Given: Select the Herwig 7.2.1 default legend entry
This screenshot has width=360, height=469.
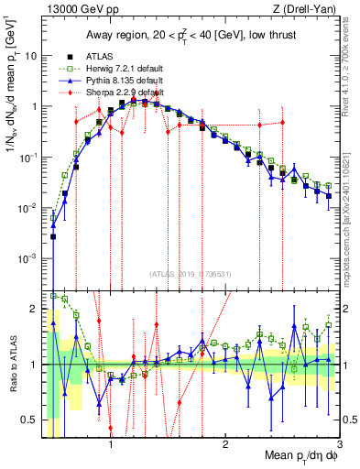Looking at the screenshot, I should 123,69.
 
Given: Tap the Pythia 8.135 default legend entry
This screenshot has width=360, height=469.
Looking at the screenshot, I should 121,81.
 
